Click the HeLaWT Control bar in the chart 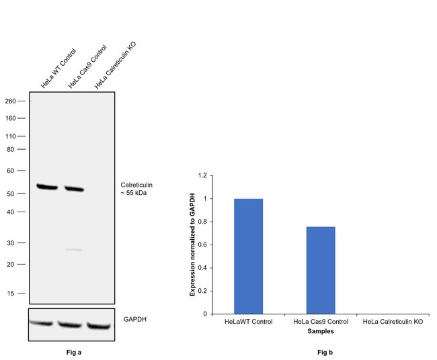click(x=248, y=256)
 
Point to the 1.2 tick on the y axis click(x=203, y=176)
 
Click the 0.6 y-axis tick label click(x=203, y=245)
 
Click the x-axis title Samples click(x=320, y=331)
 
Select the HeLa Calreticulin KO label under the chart click(x=393, y=322)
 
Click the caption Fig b click(x=325, y=351)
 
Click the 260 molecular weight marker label click(x=9, y=101)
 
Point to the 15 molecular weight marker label click(x=11, y=294)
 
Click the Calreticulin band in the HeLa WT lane click(x=47, y=186)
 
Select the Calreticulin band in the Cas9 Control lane click(x=74, y=189)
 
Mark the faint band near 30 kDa click(x=74, y=250)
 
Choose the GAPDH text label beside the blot click(x=134, y=319)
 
